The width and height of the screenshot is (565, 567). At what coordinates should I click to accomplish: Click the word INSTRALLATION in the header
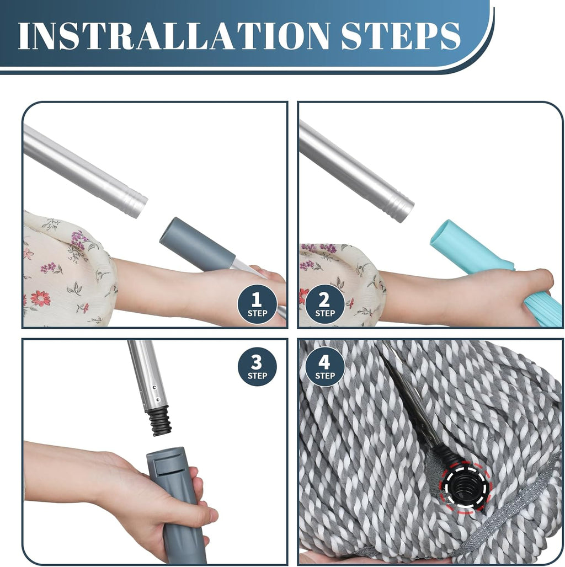click(174, 36)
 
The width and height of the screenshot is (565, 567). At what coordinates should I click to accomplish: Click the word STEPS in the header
click(401, 36)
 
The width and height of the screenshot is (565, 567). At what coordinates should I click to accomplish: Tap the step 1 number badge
click(257, 304)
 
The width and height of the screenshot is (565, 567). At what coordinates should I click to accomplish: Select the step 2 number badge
click(324, 304)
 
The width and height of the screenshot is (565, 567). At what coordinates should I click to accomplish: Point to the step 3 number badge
click(257, 366)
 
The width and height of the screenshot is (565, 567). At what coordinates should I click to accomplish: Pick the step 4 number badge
click(324, 366)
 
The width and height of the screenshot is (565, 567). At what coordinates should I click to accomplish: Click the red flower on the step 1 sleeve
click(40, 298)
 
